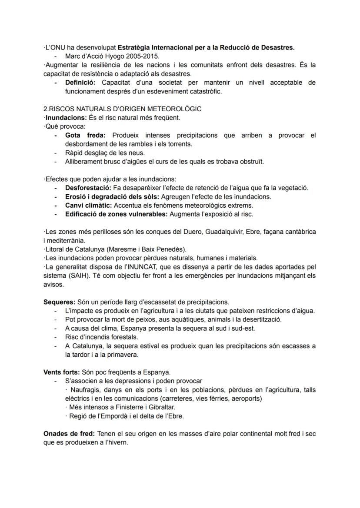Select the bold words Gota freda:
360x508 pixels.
tap(85, 135)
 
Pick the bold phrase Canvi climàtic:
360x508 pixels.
tap(88, 205)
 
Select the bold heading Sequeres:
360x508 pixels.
tap(60, 302)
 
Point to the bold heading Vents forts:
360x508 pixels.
tap(63, 372)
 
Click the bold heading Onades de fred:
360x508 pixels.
tap(70, 434)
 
